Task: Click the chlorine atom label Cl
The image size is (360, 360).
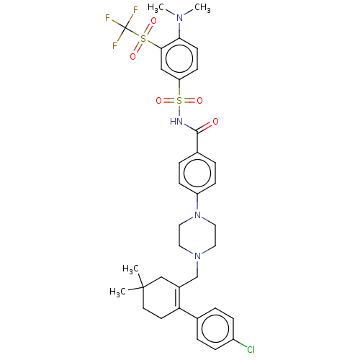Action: tap(251, 349)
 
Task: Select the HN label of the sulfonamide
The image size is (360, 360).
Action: tap(176, 122)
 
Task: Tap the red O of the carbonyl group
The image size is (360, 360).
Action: tap(215, 122)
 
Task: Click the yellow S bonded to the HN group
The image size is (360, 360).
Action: tap(179, 101)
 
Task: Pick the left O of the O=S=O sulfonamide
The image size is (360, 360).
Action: tap(159, 101)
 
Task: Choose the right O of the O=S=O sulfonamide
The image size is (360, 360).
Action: tap(199, 101)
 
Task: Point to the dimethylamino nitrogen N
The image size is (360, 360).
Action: tap(179, 18)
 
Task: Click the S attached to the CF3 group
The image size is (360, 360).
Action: tap(143, 39)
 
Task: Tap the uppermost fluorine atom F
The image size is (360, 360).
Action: tap(135, 10)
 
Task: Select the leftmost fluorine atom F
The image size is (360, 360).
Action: tap(107, 18)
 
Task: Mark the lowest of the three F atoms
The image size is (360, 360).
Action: tap(114, 46)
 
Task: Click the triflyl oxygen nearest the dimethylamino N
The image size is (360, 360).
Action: tap(153, 22)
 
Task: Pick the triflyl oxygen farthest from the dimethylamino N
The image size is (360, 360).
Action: tap(132, 56)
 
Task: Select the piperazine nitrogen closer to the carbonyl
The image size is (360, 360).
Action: tap(197, 215)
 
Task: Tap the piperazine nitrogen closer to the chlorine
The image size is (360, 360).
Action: tap(197, 256)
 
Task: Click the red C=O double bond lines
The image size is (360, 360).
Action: tap(207, 126)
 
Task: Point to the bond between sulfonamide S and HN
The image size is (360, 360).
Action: tap(179, 112)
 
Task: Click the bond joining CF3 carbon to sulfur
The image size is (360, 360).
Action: tap(131, 33)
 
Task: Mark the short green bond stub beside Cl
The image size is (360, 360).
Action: tap(243, 346)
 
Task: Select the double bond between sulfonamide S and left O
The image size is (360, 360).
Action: tap(169, 101)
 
